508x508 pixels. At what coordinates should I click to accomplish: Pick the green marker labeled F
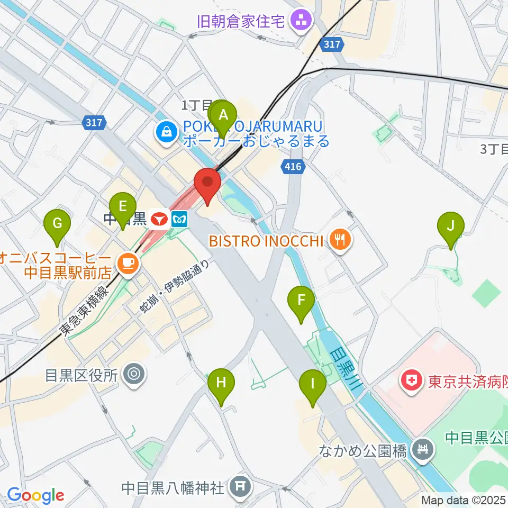[x=301, y=301]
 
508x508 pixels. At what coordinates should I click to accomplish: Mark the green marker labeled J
[x=451, y=226]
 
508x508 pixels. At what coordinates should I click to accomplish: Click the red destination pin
[x=207, y=183]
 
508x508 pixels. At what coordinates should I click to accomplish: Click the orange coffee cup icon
[x=128, y=261]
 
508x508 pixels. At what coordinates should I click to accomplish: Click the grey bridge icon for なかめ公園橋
[x=423, y=450]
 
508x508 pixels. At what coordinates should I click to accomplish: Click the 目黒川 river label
[x=344, y=368]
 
